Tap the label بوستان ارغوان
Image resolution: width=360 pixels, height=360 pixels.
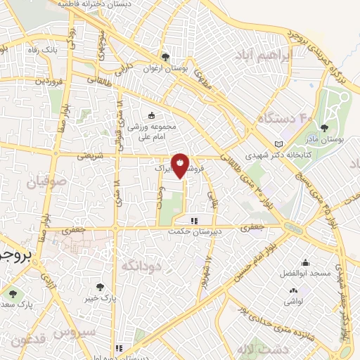tap(166, 69)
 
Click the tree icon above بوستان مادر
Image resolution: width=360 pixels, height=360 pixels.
tap(323, 128)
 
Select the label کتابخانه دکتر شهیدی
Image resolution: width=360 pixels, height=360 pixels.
tap(269, 155)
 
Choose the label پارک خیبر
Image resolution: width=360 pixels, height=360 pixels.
tap(100, 298)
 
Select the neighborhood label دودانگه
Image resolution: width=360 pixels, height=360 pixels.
tap(141, 265)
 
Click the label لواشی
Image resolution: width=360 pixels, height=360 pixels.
tap(294, 300)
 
